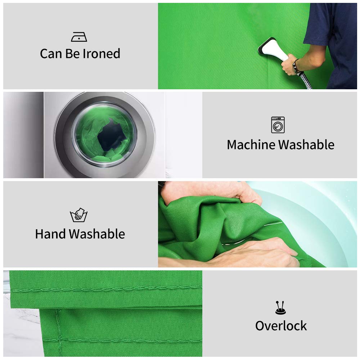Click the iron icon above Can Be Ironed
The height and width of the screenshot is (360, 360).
point(79,37)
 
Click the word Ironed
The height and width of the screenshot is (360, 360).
point(102,54)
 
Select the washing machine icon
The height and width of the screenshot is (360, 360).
point(278,125)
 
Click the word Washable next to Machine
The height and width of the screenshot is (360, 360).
point(306,145)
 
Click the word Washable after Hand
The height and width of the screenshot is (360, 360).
point(97,234)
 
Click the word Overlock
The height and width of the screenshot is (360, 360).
point(281,326)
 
